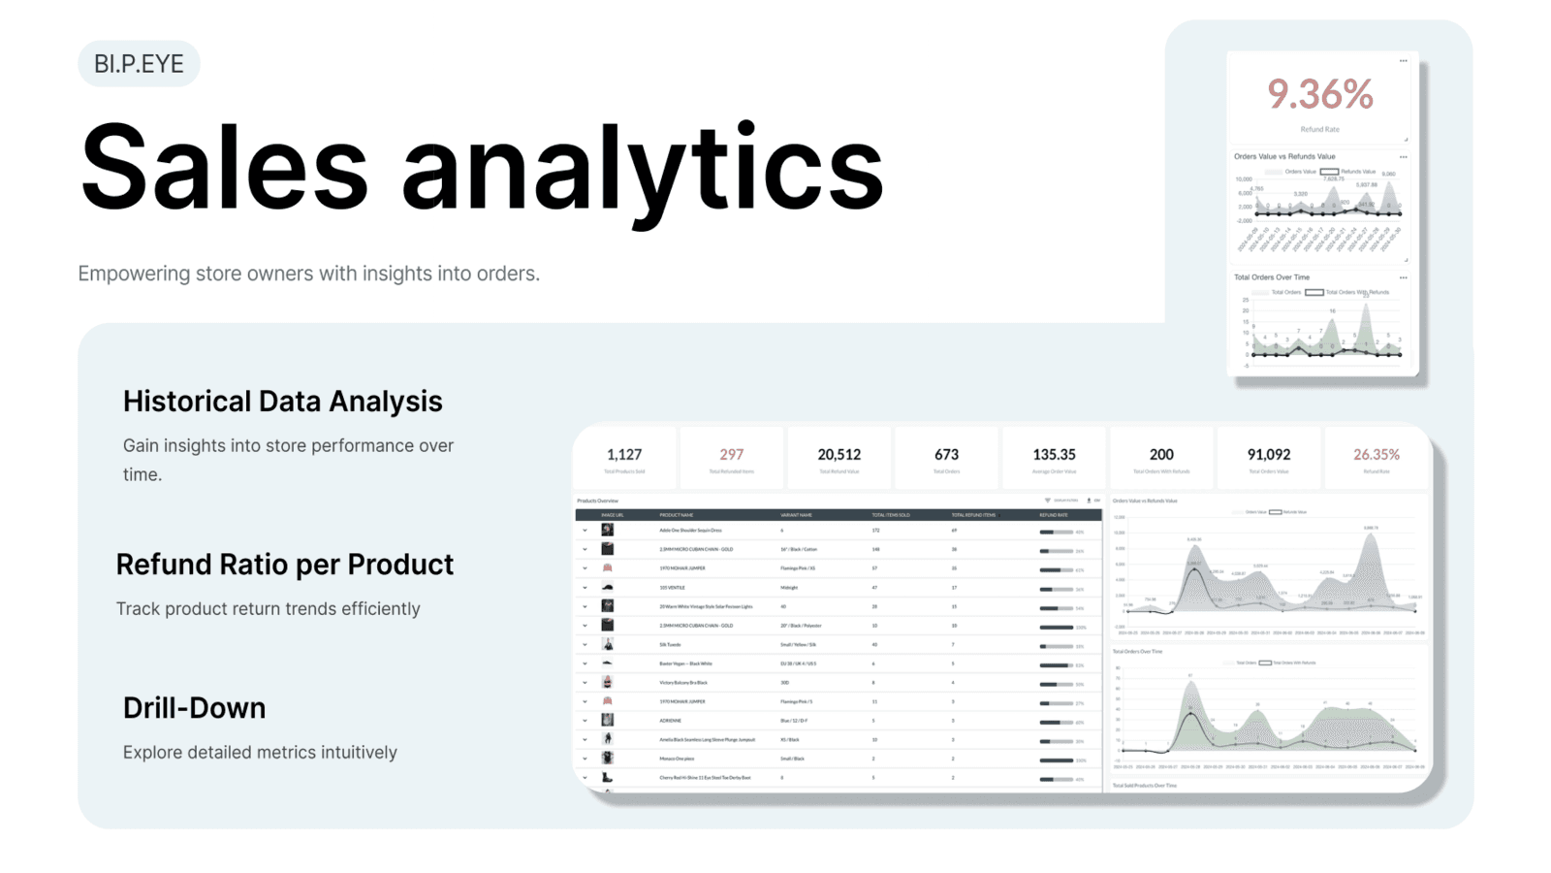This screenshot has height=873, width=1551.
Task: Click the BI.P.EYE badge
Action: (x=139, y=64)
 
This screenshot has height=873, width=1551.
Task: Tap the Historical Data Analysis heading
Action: (x=282, y=402)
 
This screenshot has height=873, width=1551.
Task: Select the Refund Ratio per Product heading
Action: (x=284, y=565)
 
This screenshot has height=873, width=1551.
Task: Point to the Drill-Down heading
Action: (x=194, y=708)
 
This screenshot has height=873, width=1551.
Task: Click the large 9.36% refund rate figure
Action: (x=1319, y=95)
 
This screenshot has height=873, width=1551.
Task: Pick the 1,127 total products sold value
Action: (x=624, y=454)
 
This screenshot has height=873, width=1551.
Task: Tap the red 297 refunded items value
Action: (x=732, y=454)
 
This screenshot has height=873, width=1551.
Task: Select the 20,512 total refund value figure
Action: (x=839, y=454)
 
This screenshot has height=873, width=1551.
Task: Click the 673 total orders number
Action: (x=946, y=454)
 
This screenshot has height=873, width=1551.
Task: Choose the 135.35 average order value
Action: (x=1054, y=454)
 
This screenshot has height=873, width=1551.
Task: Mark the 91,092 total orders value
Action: (x=1268, y=454)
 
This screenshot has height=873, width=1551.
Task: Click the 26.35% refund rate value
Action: (x=1377, y=454)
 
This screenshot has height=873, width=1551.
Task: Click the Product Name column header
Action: (x=677, y=515)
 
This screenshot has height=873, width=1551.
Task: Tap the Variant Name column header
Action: (x=796, y=515)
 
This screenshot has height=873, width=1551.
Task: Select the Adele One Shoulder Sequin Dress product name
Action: (x=690, y=531)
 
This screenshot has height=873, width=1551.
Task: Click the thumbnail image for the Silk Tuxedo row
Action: (x=608, y=644)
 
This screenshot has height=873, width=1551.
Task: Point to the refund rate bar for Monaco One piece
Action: (x=1056, y=760)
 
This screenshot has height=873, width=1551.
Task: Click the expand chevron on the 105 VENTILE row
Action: (x=585, y=588)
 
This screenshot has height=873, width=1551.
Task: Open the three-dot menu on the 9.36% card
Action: (x=1403, y=61)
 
